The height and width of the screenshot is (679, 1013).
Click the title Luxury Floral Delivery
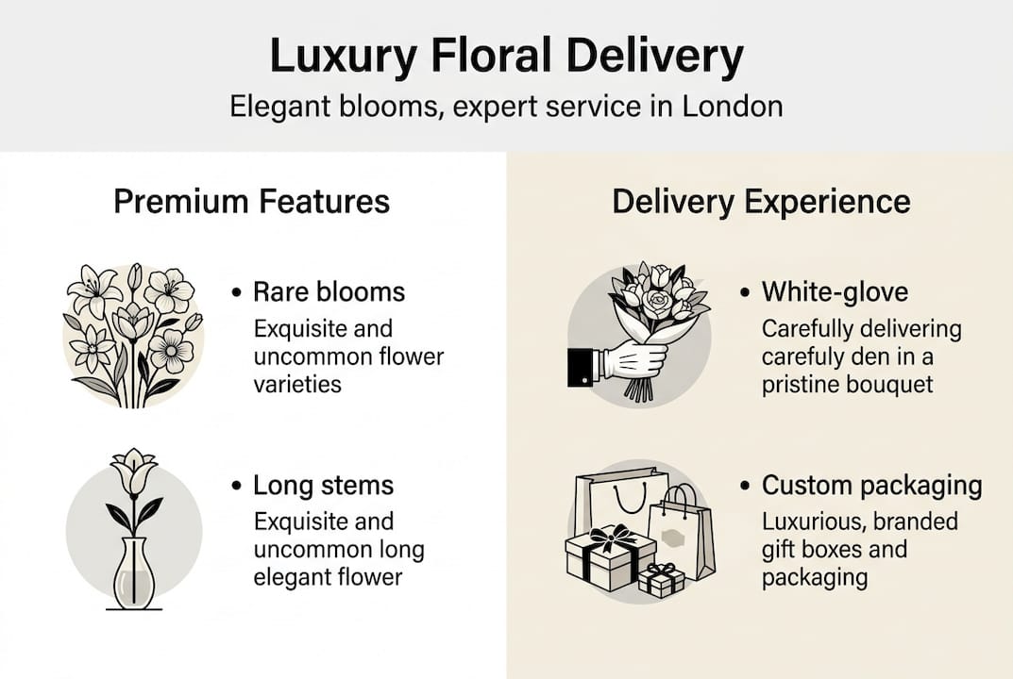(506, 57)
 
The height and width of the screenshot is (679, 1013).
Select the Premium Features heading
(251, 202)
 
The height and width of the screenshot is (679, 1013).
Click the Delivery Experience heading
(761, 202)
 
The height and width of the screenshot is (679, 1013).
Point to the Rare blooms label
(329, 292)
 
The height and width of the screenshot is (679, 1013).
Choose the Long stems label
(323, 486)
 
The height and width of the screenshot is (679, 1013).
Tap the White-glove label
(835, 292)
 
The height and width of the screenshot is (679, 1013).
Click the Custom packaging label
(871, 486)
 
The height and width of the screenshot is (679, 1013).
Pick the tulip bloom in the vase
(132, 471)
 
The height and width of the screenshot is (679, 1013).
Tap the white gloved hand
(634, 357)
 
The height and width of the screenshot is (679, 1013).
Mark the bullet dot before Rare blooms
(236, 293)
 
